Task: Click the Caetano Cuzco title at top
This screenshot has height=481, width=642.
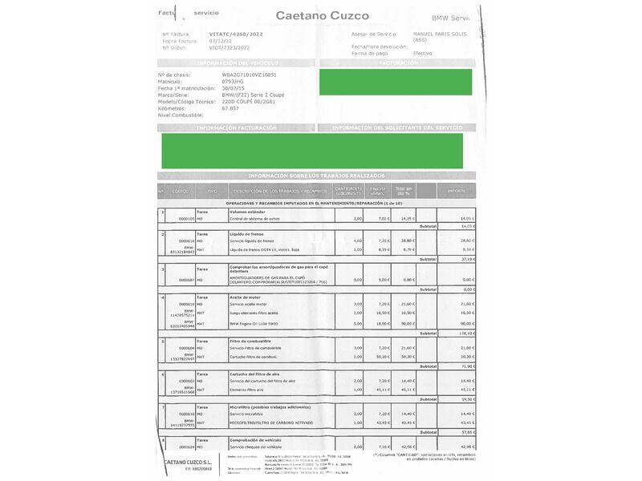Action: [x=323, y=15]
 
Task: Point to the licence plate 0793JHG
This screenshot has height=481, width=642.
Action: [x=234, y=81]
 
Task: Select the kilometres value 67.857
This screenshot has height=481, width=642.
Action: [x=231, y=108]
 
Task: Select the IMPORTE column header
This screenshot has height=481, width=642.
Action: [x=456, y=191]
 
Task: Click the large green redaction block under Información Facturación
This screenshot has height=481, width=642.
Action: [x=311, y=151]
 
